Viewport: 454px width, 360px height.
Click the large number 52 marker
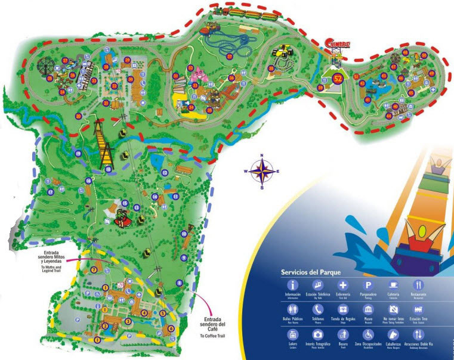(337, 77)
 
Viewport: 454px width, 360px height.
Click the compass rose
(261, 171)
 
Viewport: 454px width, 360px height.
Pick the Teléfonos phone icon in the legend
(317, 309)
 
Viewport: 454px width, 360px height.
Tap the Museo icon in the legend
(368, 309)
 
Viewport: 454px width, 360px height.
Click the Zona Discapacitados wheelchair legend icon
(368, 334)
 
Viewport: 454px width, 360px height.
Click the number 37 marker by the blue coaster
(230, 56)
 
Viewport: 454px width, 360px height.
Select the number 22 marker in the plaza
(114, 86)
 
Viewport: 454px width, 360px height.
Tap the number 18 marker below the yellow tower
(109, 169)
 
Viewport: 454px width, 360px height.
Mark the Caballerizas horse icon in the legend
(393, 334)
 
